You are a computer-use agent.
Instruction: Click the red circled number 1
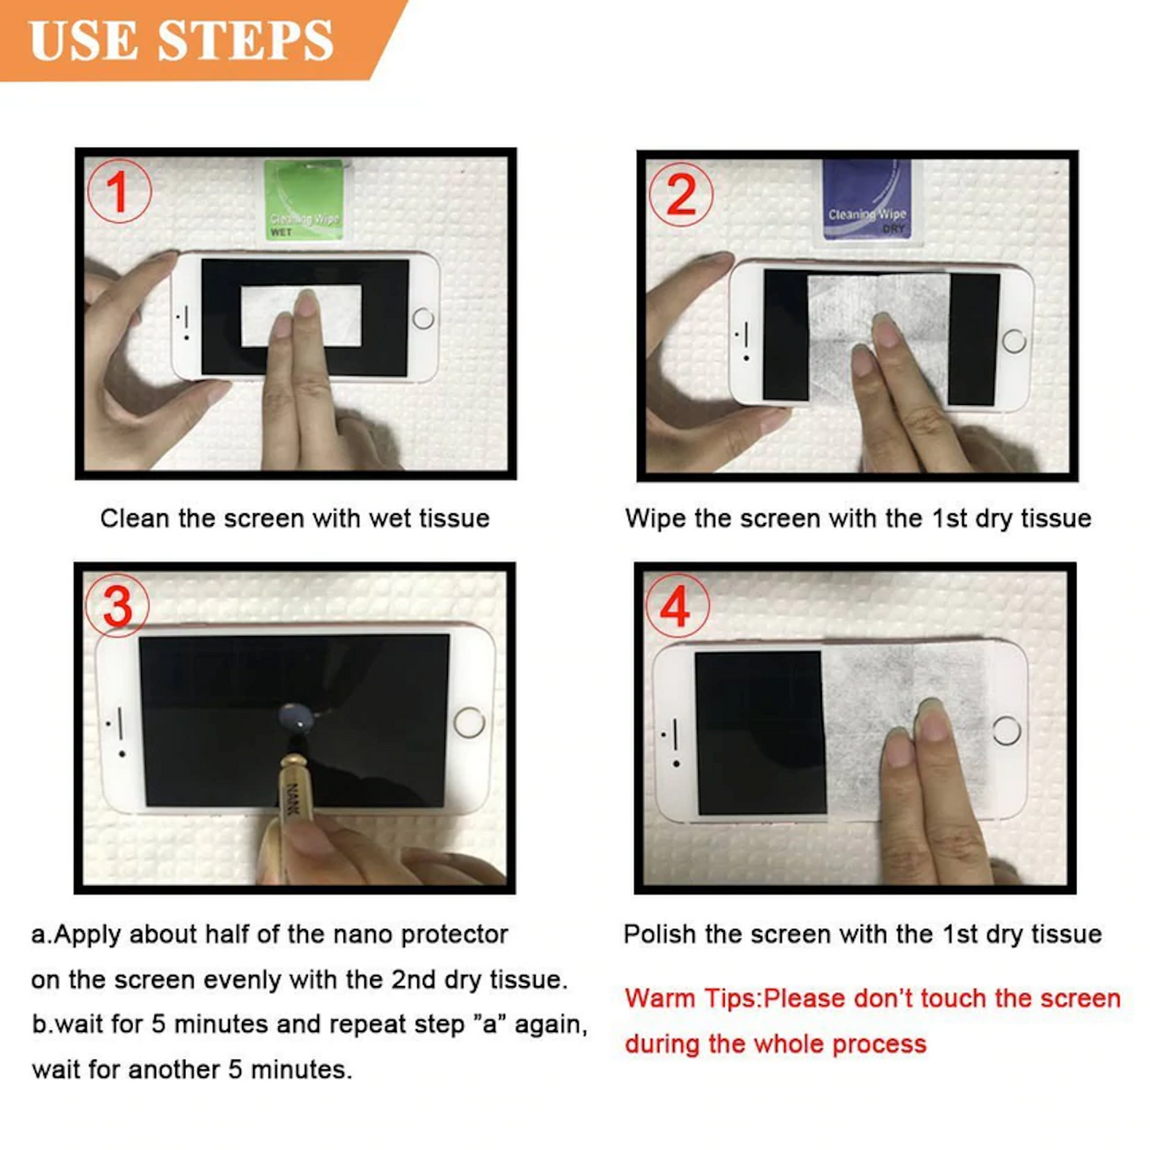[119, 191]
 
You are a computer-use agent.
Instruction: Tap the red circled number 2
[681, 194]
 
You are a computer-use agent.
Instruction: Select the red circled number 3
[118, 606]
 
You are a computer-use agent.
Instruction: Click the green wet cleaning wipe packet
[304, 199]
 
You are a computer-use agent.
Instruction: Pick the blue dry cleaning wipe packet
[867, 199]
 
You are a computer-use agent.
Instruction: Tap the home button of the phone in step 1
[423, 318]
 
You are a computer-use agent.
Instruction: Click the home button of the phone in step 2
[1014, 342]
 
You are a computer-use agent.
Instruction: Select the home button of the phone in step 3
[469, 722]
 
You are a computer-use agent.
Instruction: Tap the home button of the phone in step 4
[1007, 731]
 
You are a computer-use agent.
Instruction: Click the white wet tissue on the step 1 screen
[301, 316]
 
